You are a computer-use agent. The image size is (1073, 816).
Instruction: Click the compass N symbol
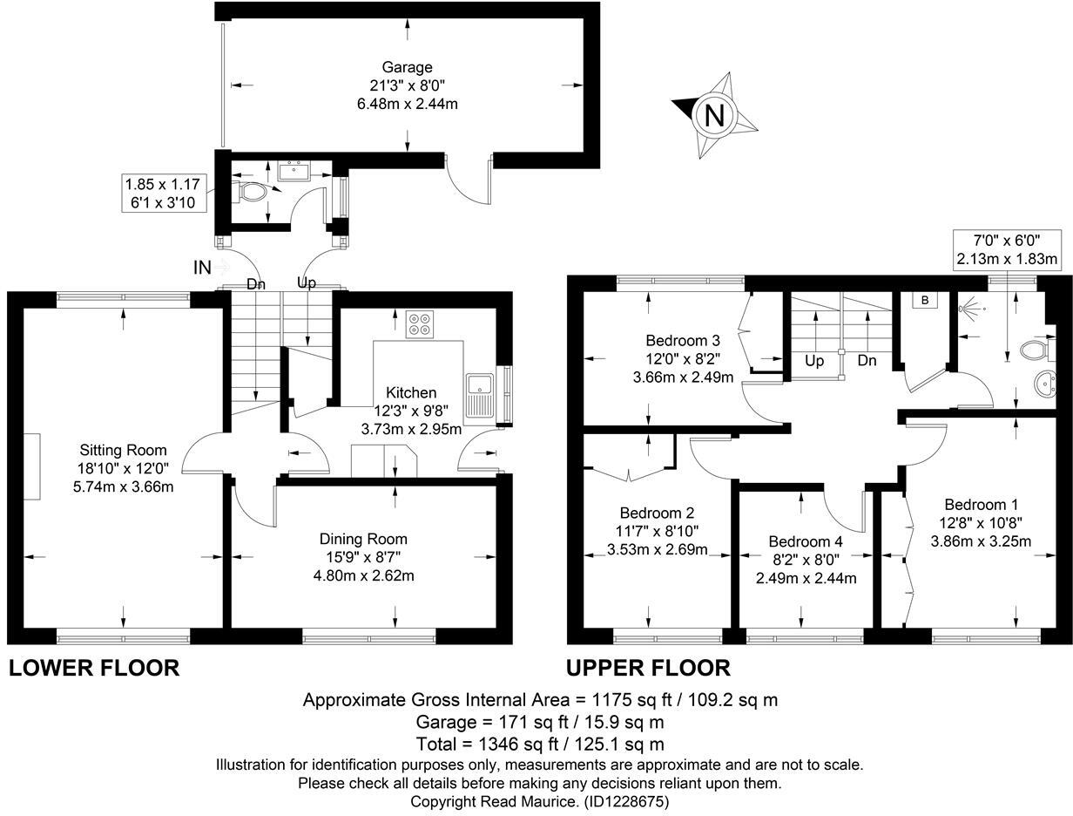(714, 115)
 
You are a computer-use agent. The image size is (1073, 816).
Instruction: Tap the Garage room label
(407, 67)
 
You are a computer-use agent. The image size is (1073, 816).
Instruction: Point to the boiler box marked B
(922, 301)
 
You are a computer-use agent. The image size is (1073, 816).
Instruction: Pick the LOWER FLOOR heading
(94, 669)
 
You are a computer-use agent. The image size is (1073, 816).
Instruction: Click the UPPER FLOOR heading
(648, 669)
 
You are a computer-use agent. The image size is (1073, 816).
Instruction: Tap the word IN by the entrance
(202, 268)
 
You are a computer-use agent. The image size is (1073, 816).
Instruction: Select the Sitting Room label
(123, 451)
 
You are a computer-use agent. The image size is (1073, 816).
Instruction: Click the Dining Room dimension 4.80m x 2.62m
(363, 575)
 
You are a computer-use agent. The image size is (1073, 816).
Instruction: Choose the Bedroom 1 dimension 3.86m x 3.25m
(981, 541)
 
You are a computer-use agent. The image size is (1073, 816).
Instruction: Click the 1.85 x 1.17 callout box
(163, 194)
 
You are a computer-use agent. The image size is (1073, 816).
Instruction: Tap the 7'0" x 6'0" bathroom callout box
(1007, 249)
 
